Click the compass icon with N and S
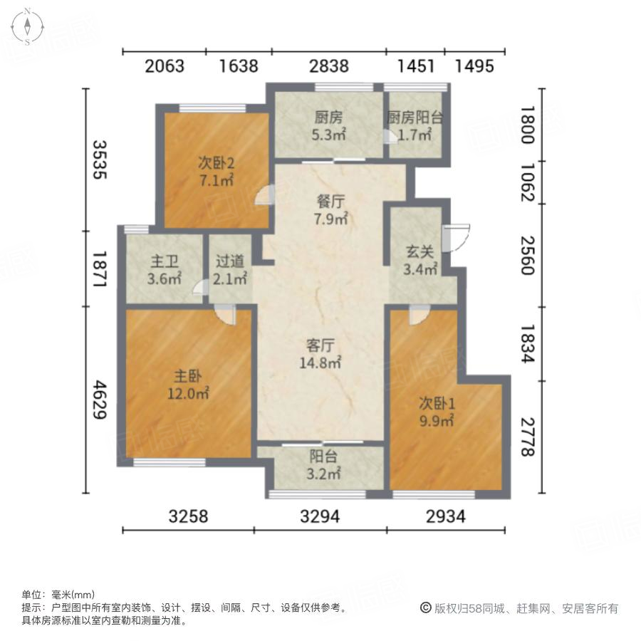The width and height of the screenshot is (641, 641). [x=27, y=26]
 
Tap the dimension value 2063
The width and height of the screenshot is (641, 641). [x=165, y=66]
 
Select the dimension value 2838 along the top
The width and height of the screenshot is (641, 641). [x=328, y=66]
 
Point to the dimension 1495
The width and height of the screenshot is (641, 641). [x=474, y=66]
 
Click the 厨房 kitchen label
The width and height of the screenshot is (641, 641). [x=328, y=117]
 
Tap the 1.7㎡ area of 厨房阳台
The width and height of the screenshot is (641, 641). [x=415, y=134]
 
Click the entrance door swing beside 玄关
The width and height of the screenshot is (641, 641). [x=456, y=238]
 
